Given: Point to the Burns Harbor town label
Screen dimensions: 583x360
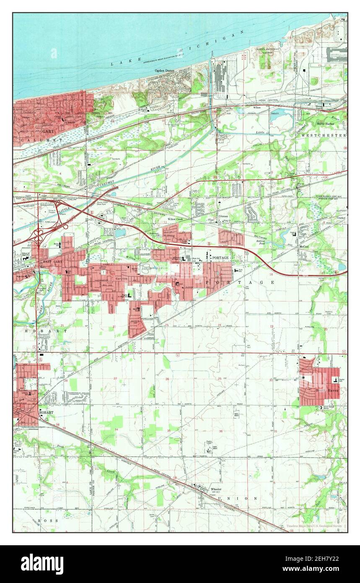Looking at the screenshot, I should tap(327, 124).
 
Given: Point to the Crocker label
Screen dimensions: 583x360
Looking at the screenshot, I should tap(340, 218).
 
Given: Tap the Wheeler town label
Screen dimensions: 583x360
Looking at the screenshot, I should tap(216, 489).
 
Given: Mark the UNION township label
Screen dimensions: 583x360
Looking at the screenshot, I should tap(244, 498).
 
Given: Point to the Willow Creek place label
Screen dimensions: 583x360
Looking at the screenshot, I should tap(175, 219).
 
